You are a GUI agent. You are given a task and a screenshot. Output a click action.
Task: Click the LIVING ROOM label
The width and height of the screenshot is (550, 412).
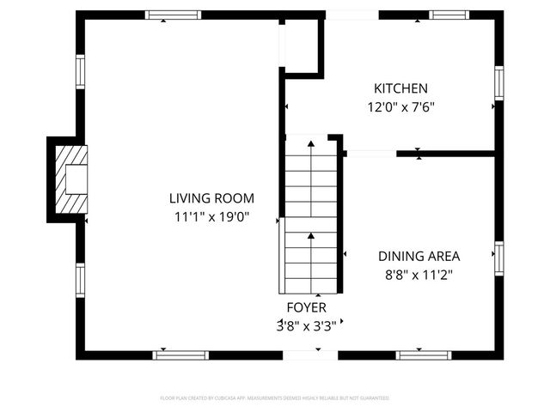click(x=211, y=198)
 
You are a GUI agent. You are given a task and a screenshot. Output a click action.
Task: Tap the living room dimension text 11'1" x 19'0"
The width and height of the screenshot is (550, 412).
click(x=211, y=217)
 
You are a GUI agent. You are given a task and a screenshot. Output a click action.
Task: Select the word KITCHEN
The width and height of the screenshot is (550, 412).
click(x=400, y=88)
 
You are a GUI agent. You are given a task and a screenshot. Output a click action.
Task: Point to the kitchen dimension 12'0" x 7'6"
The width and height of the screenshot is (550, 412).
click(x=400, y=108)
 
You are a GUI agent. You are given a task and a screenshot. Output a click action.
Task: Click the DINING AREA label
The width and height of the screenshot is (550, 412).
click(x=419, y=256)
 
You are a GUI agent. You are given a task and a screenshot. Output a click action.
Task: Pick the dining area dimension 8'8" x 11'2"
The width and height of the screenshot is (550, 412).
click(x=419, y=275)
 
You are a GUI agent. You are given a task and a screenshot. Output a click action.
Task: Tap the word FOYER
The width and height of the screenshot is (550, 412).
click(x=306, y=306)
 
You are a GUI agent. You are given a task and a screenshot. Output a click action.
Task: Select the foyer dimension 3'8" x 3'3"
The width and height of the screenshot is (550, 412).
click(x=306, y=325)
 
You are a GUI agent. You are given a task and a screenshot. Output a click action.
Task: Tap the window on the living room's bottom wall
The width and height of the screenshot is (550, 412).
click(x=180, y=354)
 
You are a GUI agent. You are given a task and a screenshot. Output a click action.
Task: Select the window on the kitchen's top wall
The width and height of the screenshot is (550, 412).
click(x=449, y=15)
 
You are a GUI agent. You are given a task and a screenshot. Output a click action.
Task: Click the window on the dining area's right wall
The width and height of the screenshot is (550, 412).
click(x=498, y=258)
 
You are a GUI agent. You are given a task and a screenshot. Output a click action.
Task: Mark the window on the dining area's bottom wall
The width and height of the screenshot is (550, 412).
click(x=424, y=354)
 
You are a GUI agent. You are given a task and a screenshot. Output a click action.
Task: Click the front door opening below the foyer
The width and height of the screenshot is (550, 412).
click(x=310, y=354)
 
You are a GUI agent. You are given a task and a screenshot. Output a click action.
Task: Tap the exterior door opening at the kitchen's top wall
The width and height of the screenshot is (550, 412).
click(x=351, y=15)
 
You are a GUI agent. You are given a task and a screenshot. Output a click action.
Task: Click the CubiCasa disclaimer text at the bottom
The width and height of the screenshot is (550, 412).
click(x=275, y=398)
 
